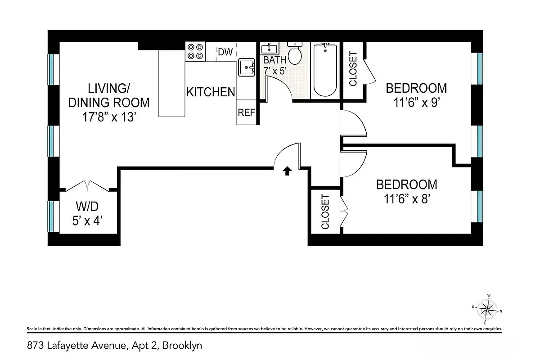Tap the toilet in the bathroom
(295, 53)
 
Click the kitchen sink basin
(247, 67)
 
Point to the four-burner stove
(195, 51)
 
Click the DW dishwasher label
(225, 52)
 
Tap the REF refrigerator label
(247, 112)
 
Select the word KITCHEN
(211, 92)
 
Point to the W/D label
(87, 207)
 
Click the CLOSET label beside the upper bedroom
(353, 69)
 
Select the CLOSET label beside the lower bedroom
(325, 211)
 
